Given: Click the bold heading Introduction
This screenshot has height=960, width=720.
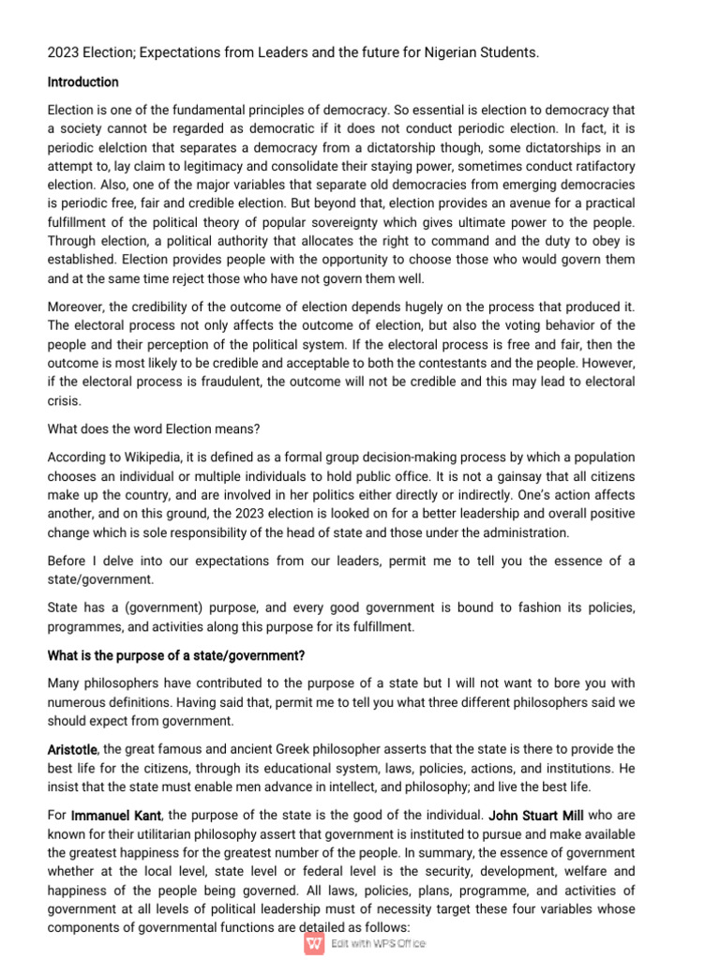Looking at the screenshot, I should click(82, 82).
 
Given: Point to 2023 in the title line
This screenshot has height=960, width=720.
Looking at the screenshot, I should click(64, 52).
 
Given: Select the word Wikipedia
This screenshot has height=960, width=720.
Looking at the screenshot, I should click(151, 457).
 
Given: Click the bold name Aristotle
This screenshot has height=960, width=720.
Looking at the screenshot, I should click(73, 749).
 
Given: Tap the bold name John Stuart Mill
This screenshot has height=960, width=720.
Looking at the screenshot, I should click(536, 817).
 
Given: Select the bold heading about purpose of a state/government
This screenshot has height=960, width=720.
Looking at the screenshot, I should click(176, 654).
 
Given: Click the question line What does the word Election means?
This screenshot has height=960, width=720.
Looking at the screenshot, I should click(154, 428).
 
